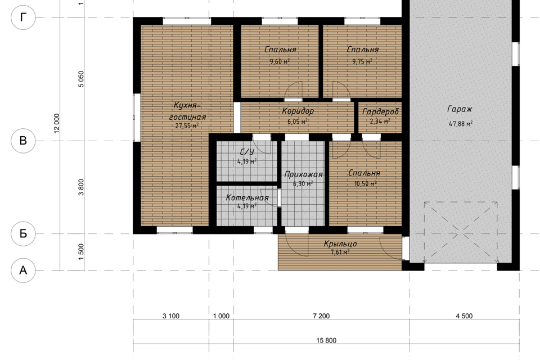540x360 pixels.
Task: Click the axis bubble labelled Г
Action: pyautogui.click(x=23, y=17)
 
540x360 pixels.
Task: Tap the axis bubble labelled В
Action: pyautogui.click(x=23, y=141)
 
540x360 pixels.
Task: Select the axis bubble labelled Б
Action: pyautogui.click(x=23, y=233)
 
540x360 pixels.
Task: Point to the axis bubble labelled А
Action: pyautogui.click(x=23, y=271)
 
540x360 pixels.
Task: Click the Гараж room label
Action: pyautogui.click(x=460, y=110)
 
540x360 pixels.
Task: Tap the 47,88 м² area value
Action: pyautogui.click(x=461, y=124)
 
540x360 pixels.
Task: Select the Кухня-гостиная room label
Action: pyautogui.click(x=187, y=111)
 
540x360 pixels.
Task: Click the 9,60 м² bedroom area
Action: pyautogui.click(x=280, y=62)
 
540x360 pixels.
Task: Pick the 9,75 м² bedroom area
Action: pyautogui.click(x=362, y=62)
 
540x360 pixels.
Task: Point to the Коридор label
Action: pyautogui.click(x=298, y=111)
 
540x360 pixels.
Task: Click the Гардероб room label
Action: pyautogui.click(x=381, y=111)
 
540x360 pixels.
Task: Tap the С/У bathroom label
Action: pyautogui.click(x=247, y=152)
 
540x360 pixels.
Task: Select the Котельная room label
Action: pyautogui.click(x=247, y=198)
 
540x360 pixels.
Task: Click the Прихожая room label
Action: pyautogui.click(x=303, y=175)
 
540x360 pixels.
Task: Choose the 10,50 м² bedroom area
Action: pyautogui.click(x=366, y=184)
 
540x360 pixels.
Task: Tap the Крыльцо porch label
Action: pyautogui.click(x=340, y=244)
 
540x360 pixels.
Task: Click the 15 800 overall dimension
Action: pyautogui.click(x=326, y=340)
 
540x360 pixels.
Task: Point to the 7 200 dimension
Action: pyautogui.click(x=321, y=316)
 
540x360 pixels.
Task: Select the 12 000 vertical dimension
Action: pyautogui.click(x=57, y=123)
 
